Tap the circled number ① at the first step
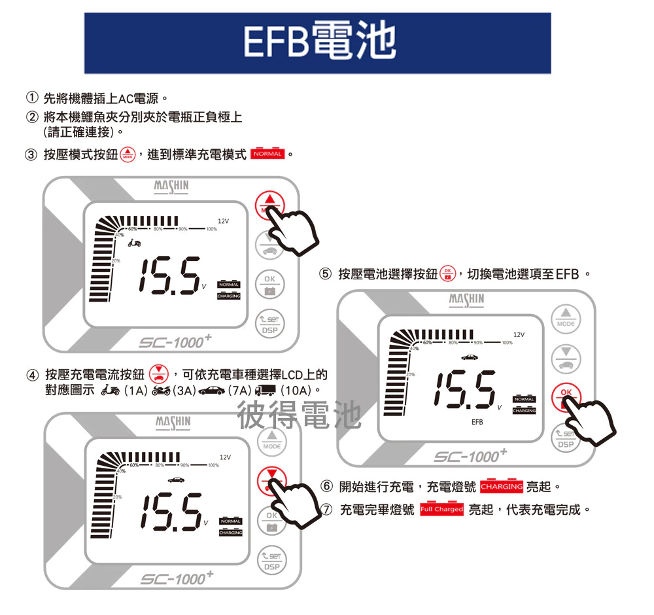pyautogui.click(x=31, y=99)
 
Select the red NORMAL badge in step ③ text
pyautogui.click(x=267, y=154)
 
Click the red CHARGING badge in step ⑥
pyautogui.click(x=502, y=487)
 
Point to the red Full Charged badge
pyautogui.click(x=441, y=509)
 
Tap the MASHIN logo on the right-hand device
pyautogui.click(x=466, y=300)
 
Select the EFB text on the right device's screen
pyautogui.click(x=477, y=422)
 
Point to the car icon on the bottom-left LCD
pyautogui.click(x=175, y=480)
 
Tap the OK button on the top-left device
pyautogui.click(x=270, y=283)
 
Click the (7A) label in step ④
pyautogui.click(x=240, y=391)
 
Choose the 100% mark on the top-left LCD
pyautogui.click(x=211, y=229)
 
